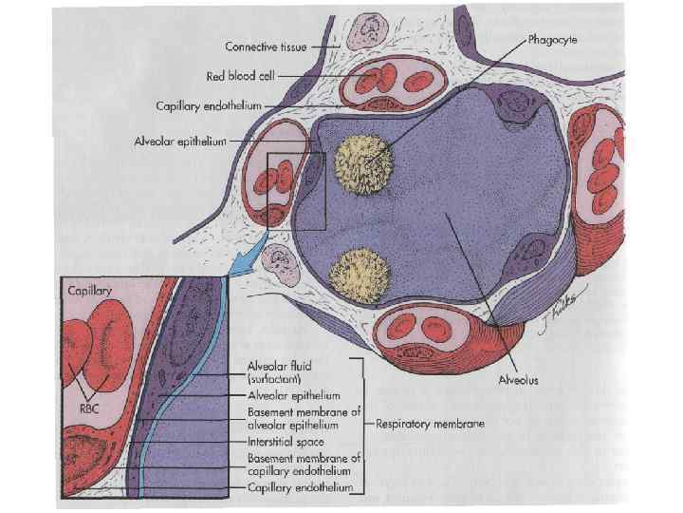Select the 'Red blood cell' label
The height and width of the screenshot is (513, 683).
click(241, 75)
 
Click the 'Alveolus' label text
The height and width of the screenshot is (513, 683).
click(519, 380)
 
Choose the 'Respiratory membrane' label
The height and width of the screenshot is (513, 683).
click(432, 424)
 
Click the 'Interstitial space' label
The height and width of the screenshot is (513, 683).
click(285, 442)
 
